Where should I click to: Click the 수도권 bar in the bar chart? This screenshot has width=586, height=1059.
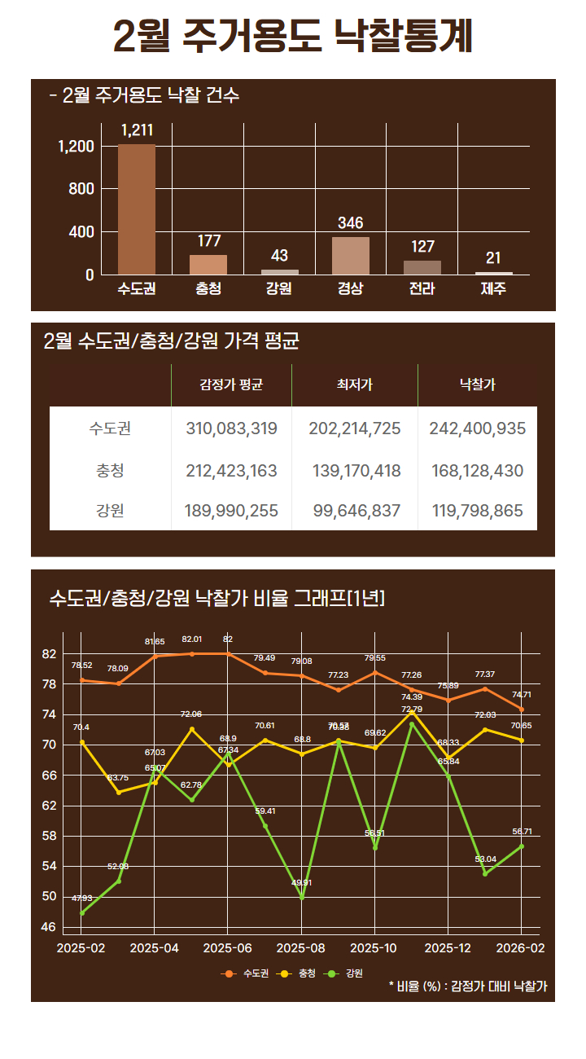coord(137,209)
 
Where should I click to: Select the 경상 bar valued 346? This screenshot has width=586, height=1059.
coord(351,256)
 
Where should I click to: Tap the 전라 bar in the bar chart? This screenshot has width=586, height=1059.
coord(422,268)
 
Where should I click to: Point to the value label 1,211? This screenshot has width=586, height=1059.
coord(137,130)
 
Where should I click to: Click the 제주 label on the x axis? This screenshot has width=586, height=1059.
coord(493,288)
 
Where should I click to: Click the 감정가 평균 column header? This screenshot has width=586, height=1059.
coord(231,384)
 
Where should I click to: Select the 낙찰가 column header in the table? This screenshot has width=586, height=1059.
coord(478,384)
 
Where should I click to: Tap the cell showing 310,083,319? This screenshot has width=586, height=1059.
coord(231,428)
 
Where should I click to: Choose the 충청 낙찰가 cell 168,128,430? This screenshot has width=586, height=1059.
coord(478,471)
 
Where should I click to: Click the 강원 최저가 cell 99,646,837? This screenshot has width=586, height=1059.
coord(356,511)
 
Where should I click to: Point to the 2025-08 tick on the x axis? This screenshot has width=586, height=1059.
coord(301,948)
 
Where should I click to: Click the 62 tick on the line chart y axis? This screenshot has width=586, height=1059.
coord(49,806)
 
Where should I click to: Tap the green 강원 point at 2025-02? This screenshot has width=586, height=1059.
coord(82,913)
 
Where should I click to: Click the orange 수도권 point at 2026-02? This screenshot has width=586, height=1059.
coord(522,710)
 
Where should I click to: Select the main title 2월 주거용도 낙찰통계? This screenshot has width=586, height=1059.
coord(293,37)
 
